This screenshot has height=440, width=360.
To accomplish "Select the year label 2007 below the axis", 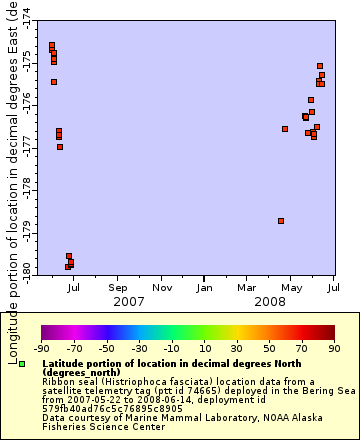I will click(128, 301).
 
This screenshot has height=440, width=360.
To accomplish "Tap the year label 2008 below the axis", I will click(270, 301).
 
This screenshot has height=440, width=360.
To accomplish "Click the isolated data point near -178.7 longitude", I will click(281, 221).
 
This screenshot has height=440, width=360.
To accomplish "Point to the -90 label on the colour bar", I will click(41, 349).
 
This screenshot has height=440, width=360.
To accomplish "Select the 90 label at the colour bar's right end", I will click(334, 349).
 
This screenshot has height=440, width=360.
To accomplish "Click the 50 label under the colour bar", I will click(269, 349).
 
